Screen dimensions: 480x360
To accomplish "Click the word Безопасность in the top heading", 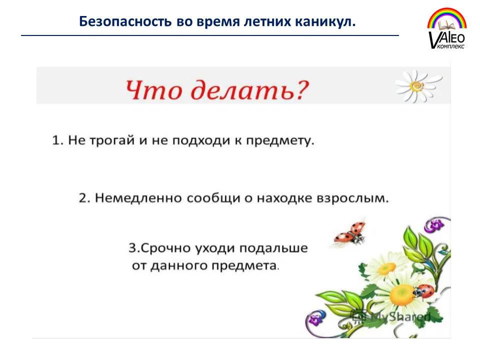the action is [x=125, y=22].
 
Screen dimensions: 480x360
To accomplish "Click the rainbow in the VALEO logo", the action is [x=447, y=18].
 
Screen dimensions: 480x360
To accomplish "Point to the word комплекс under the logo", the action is [x=451, y=46].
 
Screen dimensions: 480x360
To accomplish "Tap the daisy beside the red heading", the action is [x=418, y=86].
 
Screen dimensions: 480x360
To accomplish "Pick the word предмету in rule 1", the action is [x=280, y=141].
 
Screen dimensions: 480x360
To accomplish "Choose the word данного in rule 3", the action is [x=179, y=265].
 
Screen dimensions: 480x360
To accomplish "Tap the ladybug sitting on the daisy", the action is [x=423, y=291].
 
